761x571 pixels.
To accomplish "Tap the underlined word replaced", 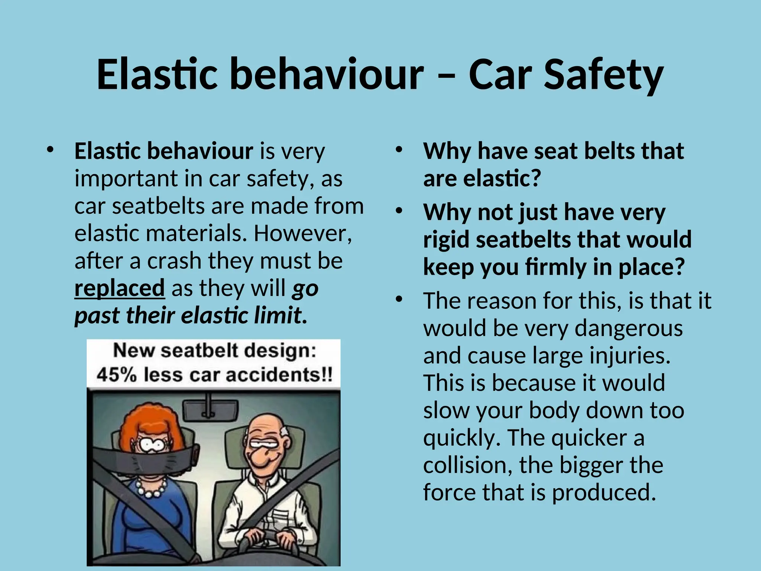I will tap(119, 288).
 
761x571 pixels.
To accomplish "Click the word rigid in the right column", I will tap(446, 240).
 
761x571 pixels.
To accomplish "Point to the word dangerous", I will tap(628, 328).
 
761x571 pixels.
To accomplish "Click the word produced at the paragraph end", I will tap(603, 493).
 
